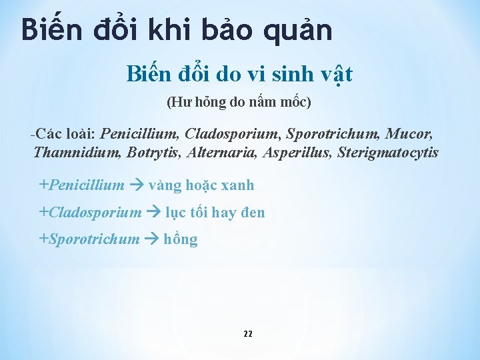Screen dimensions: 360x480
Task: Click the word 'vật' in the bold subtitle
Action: pos(334,75)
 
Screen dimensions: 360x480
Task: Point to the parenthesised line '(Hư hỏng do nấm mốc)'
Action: pos(239,103)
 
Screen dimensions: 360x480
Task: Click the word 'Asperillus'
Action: pos(297,153)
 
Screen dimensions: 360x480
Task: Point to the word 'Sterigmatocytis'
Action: pos(388,153)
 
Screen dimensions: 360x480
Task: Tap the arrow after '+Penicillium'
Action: pos(136,185)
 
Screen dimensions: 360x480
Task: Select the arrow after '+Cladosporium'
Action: pos(153,213)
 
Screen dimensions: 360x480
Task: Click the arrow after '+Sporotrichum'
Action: pos(151,239)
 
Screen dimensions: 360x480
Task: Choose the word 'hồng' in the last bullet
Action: pos(181,239)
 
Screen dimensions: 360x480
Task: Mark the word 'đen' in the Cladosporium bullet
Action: pos(252,213)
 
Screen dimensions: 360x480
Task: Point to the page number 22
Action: pos(247,333)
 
